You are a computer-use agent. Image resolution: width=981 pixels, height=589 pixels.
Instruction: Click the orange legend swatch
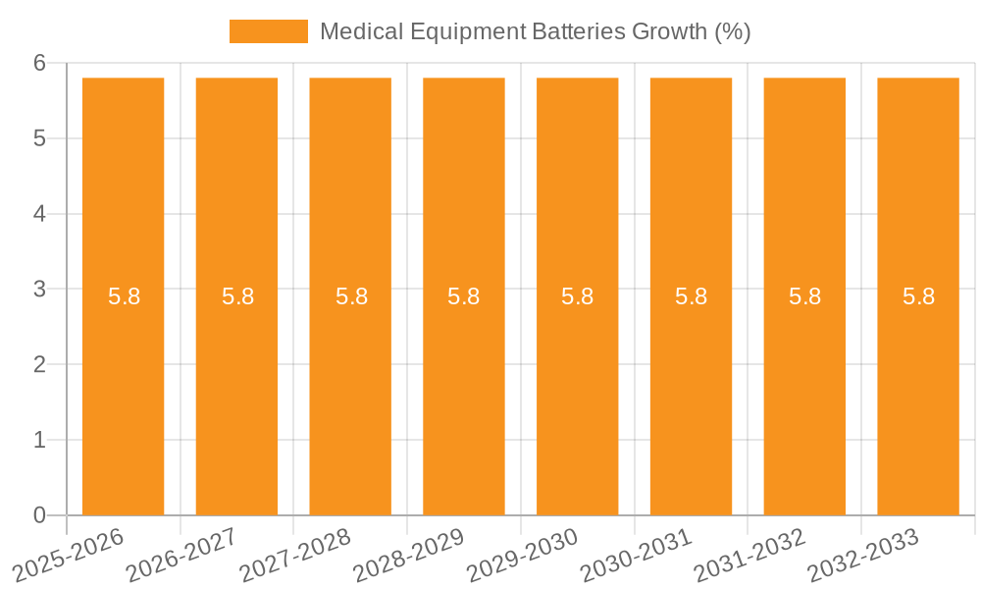coord(268,31)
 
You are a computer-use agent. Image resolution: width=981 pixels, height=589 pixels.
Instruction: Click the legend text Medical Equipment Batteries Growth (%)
coord(535,31)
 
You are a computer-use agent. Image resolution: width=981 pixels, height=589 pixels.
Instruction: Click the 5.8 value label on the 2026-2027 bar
coord(237,296)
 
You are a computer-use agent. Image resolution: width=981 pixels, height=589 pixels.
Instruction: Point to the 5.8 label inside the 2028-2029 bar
coord(464,296)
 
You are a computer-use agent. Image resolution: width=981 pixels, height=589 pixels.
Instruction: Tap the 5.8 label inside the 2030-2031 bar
coord(691,296)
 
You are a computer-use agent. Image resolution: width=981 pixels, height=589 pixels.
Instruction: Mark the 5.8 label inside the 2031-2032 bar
coord(804,296)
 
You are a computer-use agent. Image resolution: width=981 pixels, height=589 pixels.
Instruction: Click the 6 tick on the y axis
coord(40,63)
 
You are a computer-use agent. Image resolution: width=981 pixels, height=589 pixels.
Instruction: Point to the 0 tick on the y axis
coord(40,515)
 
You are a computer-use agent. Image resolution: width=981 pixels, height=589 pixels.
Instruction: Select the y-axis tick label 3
coord(40,290)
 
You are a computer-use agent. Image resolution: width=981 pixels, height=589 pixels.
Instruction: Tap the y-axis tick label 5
coord(40,138)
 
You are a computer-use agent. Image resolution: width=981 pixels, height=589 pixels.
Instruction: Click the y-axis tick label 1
coord(40,440)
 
